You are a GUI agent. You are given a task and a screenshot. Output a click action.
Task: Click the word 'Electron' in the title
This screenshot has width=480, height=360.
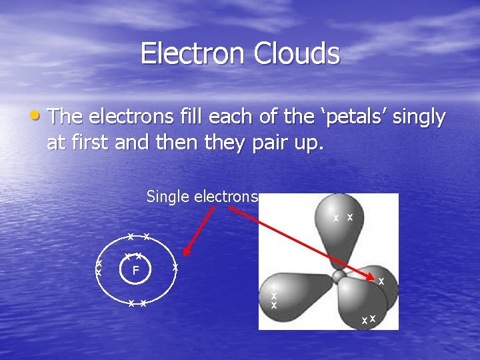191,54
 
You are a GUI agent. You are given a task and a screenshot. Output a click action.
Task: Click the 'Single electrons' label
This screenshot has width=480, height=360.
201,197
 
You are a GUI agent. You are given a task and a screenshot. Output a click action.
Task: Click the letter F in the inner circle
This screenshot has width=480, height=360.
135,271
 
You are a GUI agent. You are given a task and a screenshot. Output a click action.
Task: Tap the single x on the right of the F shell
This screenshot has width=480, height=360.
175,267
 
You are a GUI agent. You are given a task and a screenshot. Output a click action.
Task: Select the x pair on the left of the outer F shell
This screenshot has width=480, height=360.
98,269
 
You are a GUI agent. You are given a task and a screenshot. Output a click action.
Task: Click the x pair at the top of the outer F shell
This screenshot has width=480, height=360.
138,237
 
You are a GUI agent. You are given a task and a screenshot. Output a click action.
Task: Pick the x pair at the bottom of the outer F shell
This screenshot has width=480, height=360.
138,303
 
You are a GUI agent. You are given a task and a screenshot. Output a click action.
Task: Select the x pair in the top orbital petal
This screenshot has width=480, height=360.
343,218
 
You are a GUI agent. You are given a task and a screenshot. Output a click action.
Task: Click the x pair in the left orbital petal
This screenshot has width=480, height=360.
273,301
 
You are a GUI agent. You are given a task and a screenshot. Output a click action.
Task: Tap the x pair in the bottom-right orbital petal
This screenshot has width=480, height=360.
369,319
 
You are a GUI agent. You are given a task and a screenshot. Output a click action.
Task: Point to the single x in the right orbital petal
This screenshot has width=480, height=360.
381,282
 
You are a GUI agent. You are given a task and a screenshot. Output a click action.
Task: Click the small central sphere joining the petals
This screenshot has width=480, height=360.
338,275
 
